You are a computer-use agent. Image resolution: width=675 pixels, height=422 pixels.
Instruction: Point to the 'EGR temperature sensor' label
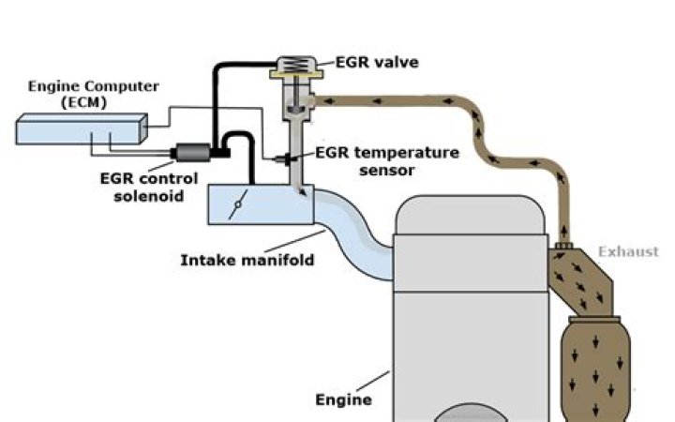386,160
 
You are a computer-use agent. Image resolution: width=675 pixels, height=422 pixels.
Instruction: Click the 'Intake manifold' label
247,260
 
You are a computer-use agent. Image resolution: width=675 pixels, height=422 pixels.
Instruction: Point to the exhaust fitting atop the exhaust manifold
563,248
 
